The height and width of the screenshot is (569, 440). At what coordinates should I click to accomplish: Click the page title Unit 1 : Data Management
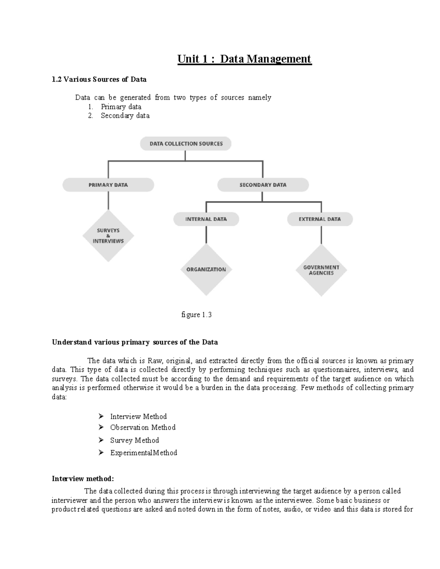244,59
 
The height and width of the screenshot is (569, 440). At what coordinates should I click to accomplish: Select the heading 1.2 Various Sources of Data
99,79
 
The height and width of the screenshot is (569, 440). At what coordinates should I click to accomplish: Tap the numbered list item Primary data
121,107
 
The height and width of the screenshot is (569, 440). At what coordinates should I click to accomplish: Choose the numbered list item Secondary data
125,115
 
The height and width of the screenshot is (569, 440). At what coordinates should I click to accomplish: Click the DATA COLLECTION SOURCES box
186,144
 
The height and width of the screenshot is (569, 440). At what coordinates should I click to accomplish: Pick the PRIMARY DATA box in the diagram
108,185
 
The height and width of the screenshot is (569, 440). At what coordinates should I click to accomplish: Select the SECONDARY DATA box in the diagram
263,185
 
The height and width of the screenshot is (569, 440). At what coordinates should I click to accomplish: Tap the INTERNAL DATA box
206,219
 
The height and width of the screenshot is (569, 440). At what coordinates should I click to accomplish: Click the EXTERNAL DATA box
320,219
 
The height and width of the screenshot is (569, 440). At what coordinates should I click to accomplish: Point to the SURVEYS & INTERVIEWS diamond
108,236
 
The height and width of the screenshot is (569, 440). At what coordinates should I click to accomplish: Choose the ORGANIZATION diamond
206,269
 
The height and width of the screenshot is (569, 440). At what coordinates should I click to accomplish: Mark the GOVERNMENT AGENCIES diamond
321,270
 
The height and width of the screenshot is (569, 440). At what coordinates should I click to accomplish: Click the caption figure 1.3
197,315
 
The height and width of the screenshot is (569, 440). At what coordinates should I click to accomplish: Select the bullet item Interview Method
138,417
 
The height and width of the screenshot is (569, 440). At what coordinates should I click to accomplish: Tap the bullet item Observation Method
143,427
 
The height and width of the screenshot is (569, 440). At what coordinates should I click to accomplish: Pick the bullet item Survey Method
134,440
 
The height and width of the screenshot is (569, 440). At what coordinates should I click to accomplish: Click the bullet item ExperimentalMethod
143,453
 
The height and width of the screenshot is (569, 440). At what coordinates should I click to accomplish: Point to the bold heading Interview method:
83,479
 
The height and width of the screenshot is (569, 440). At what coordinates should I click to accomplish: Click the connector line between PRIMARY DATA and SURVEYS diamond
108,201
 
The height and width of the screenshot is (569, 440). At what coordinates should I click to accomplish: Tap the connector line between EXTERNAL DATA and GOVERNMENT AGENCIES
322,235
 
